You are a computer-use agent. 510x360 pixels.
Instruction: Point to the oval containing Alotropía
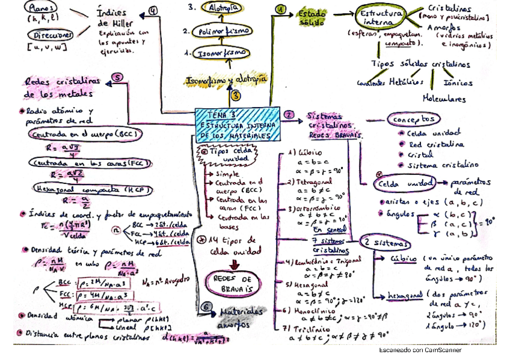click(x=223, y=8)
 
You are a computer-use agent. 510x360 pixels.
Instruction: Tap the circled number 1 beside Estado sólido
click(x=280, y=9)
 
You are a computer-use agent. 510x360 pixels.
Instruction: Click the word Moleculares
click(x=444, y=97)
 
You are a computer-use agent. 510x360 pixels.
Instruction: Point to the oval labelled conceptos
click(x=415, y=119)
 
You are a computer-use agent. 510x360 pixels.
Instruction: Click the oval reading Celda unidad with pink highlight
click(x=404, y=182)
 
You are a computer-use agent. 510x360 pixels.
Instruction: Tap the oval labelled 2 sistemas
click(x=384, y=243)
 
